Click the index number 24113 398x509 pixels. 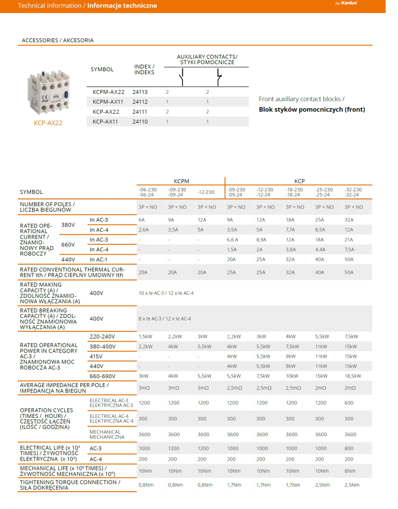(140, 92)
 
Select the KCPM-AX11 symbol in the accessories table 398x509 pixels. (108, 102)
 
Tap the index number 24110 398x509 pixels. (140, 122)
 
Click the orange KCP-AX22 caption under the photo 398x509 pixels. (48, 123)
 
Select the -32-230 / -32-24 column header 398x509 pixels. (353, 192)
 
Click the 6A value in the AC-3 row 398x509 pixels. (142, 220)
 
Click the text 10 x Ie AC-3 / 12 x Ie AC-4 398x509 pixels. (166, 293)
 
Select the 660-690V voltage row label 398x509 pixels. (102, 376)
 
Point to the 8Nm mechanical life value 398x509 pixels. (349, 471)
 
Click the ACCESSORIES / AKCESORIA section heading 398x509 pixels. (58, 40)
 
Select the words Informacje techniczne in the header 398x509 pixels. (122, 6)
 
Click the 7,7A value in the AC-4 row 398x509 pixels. (291, 230)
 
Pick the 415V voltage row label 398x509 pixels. (96, 356)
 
